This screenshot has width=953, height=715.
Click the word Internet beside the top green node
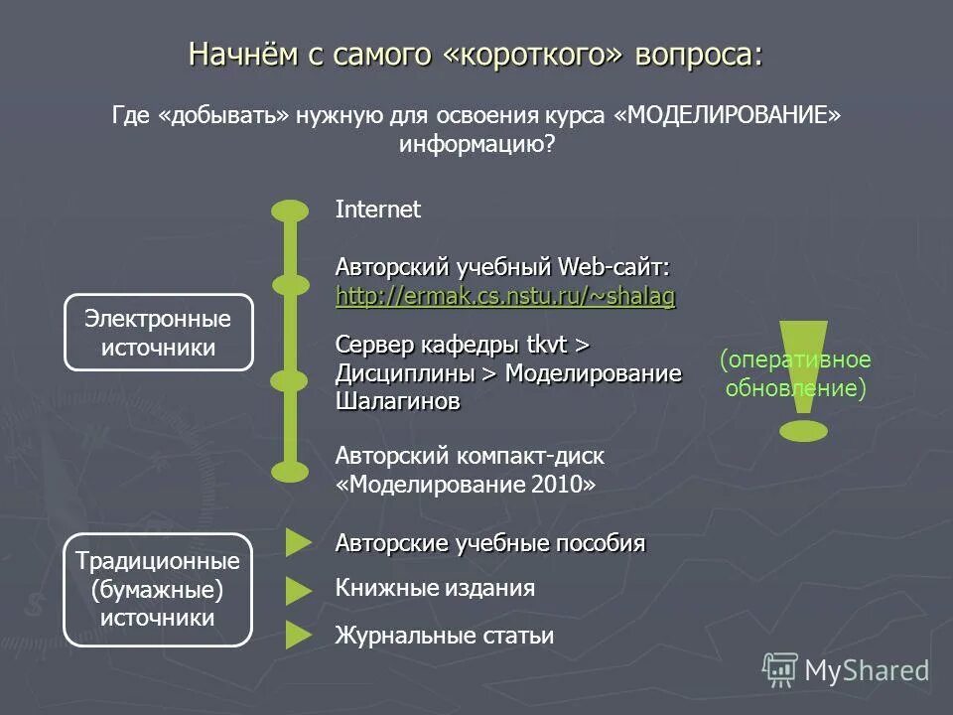378,210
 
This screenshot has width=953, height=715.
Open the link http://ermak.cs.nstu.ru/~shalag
505,296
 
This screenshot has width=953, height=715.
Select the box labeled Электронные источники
158,333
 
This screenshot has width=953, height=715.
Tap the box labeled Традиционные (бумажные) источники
158,589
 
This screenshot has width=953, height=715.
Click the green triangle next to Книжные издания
299,590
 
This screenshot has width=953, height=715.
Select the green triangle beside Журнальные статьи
299,636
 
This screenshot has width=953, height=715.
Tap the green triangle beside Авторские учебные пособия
299,542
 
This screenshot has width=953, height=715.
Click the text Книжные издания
435,588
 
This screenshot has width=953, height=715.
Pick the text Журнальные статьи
445,636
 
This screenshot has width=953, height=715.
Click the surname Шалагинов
398,401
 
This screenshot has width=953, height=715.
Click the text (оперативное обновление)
795,373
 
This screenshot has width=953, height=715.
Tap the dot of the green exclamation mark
803,431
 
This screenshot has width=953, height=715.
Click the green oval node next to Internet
290,211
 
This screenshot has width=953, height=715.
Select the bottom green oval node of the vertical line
290,471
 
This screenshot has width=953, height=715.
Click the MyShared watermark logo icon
780,670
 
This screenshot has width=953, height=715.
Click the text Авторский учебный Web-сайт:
502,267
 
